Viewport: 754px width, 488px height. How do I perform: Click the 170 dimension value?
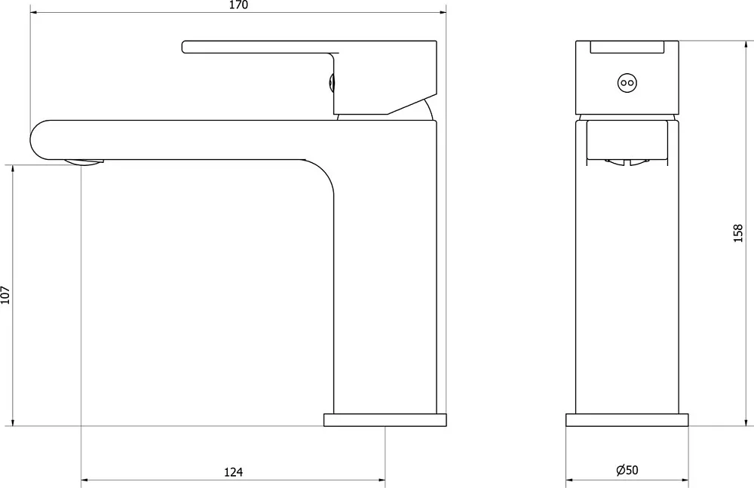(238, 5)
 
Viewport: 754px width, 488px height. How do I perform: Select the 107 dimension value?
(5, 294)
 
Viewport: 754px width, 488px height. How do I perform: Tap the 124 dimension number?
(234, 471)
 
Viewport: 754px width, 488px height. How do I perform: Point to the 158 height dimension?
(739, 233)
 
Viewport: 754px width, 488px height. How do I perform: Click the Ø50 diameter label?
(627, 470)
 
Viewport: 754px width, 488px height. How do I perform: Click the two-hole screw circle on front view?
(627, 83)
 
